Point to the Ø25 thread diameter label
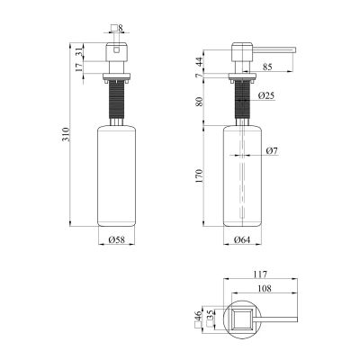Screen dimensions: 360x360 pyautogui.click(x=265, y=95)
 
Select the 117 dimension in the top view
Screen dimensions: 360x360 pyautogui.click(x=260, y=274)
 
